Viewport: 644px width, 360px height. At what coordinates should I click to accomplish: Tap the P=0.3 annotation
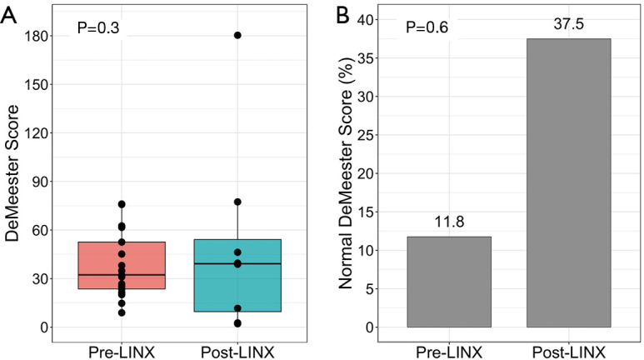pyautogui.click(x=98, y=27)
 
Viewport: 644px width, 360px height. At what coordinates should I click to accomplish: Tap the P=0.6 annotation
pyautogui.click(x=427, y=27)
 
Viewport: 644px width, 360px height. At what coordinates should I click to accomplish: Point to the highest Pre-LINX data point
pyautogui.click(x=122, y=204)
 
